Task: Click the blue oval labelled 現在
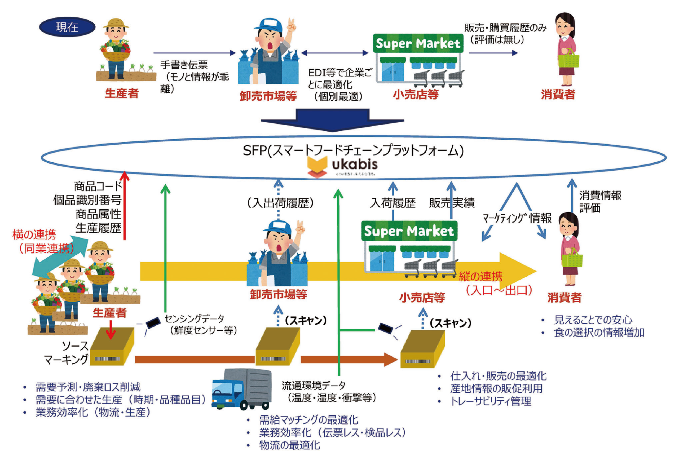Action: pos(67,27)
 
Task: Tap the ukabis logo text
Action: pos(354,165)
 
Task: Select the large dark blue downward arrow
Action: pos(332,120)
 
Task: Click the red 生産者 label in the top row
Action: pos(122,93)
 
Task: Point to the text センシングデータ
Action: pos(194,318)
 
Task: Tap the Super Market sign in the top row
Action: pos(418,43)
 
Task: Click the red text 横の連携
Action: pos(34,235)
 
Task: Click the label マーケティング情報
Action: pos(517,218)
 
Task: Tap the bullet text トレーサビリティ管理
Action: pos(490,401)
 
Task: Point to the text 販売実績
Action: pos(452,203)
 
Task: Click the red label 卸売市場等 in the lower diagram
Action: pos(278,294)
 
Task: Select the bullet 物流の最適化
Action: pos(289,445)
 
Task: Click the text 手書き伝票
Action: pos(184,65)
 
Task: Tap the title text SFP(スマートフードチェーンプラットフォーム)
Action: pos(353,150)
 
